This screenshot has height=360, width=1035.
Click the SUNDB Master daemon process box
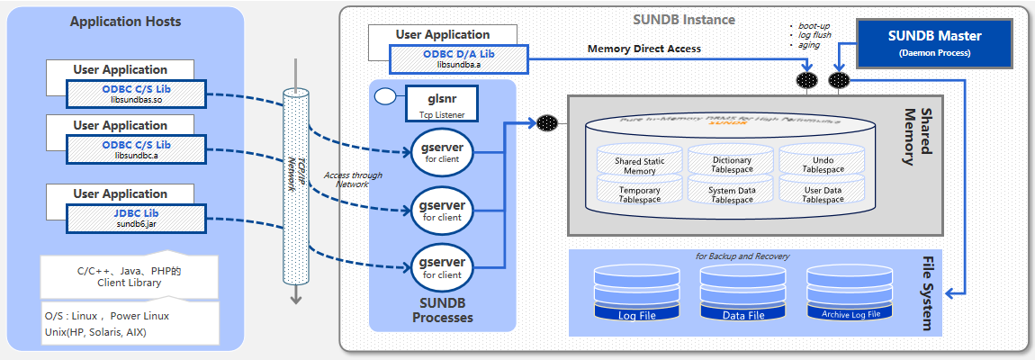[935, 44]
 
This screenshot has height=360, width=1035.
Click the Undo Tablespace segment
[823, 163]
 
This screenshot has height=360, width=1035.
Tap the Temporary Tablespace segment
[640, 193]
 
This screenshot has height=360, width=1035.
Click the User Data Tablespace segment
[823, 193]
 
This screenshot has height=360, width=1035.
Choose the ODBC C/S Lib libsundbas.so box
[136, 94]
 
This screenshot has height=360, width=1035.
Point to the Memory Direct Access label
[643, 49]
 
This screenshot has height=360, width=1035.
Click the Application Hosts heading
[125, 21]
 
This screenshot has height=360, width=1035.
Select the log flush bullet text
[815, 35]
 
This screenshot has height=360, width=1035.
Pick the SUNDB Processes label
[442, 310]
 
